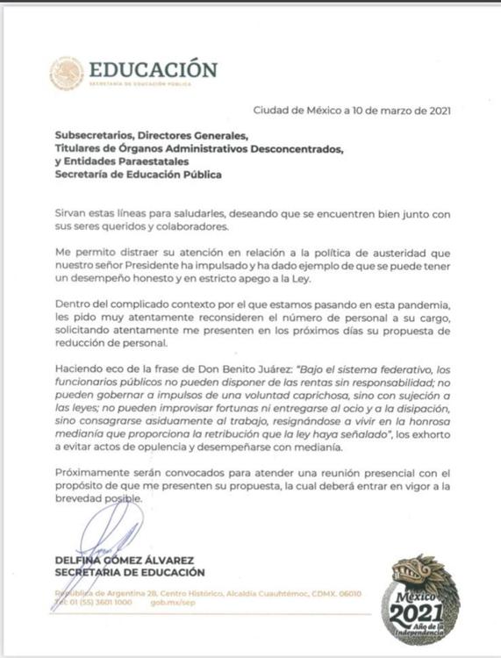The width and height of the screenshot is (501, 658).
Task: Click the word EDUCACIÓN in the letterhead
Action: (153, 69)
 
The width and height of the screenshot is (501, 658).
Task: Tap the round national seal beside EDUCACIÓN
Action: (67, 74)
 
